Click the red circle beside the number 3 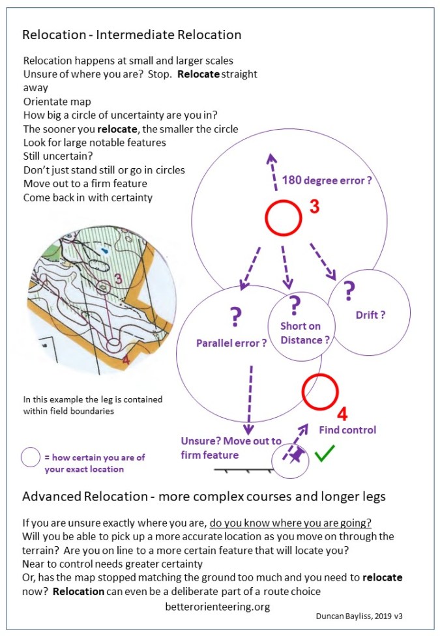click(283, 218)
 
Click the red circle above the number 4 click(320, 391)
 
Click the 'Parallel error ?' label click(231, 342)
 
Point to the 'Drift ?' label click(370, 315)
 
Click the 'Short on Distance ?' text click(301, 333)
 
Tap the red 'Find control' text click(347, 430)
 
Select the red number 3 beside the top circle click(314, 208)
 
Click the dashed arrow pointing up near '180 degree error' click(273, 172)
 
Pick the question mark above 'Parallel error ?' click(235, 317)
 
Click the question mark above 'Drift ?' click(349, 289)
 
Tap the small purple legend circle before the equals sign click(31, 457)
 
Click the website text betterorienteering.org click(218, 605)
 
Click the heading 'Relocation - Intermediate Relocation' click(132, 35)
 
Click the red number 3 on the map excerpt click(118, 279)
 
